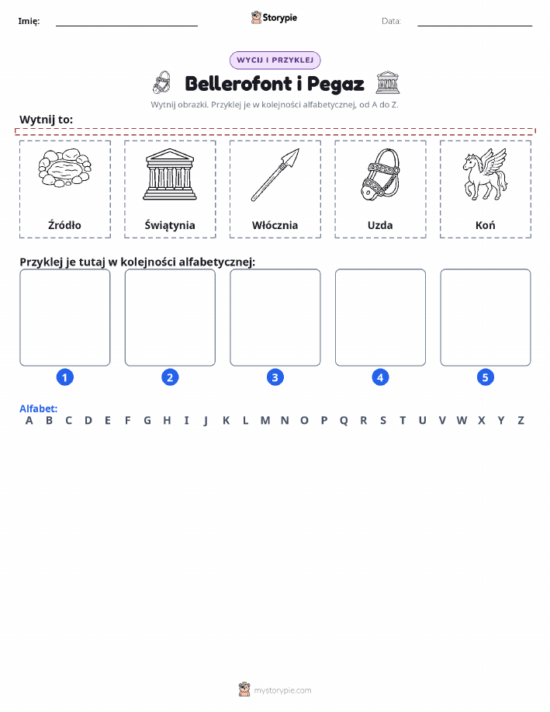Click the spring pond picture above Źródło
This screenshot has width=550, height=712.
click(x=64, y=168)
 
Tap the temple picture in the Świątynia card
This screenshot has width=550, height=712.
click(x=170, y=175)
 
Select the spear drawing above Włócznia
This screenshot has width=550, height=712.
click(x=275, y=175)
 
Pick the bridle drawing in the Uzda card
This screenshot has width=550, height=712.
click(x=380, y=174)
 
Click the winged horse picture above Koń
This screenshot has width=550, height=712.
click(x=485, y=175)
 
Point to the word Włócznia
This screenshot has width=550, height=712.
click(x=275, y=225)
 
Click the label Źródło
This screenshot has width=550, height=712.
click(x=64, y=224)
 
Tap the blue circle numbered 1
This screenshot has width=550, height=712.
click(x=65, y=377)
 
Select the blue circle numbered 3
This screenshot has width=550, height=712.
click(x=275, y=377)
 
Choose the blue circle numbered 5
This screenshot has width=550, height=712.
click(x=485, y=377)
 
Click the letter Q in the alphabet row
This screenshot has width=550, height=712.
click(x=344, y=421)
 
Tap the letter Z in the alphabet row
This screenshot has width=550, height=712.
click(x=521, y=421)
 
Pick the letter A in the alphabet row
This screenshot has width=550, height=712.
click(x=29, y=421)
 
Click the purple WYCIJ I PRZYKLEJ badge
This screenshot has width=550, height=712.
click(x=275, y=60)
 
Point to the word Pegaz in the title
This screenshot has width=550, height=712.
click(x=335, y=85)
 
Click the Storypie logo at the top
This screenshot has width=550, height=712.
click(x=274, y=18)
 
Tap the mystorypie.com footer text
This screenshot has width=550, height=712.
click(x=282, y=690)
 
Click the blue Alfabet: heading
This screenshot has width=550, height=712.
click(x=39, y=408)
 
